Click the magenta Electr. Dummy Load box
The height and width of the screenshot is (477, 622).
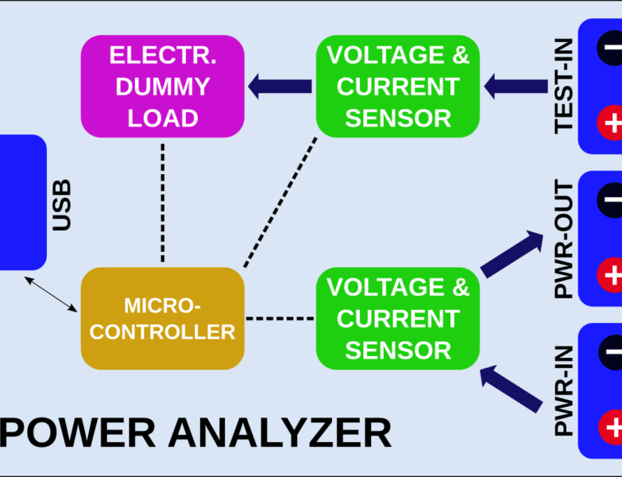click(163, 87)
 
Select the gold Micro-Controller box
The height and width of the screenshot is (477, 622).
click(163, 318)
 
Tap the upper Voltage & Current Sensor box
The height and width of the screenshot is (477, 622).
click(398, 87)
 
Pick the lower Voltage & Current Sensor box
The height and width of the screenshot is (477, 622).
click(398, 318)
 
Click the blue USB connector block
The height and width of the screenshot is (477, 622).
click(21, 203)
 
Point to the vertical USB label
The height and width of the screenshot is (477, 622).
click(61, 205)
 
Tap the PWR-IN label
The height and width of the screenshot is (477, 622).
click(564, 392)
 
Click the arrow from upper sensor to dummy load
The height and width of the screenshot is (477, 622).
click(280, 86)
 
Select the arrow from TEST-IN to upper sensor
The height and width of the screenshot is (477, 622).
click(516, 86)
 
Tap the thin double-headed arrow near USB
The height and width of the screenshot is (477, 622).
click(51, 293)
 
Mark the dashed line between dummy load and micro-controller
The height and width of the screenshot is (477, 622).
click(163, 202)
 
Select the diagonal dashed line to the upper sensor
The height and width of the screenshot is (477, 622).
click(280, 202)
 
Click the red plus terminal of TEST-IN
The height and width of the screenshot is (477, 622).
click(611, 124)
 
